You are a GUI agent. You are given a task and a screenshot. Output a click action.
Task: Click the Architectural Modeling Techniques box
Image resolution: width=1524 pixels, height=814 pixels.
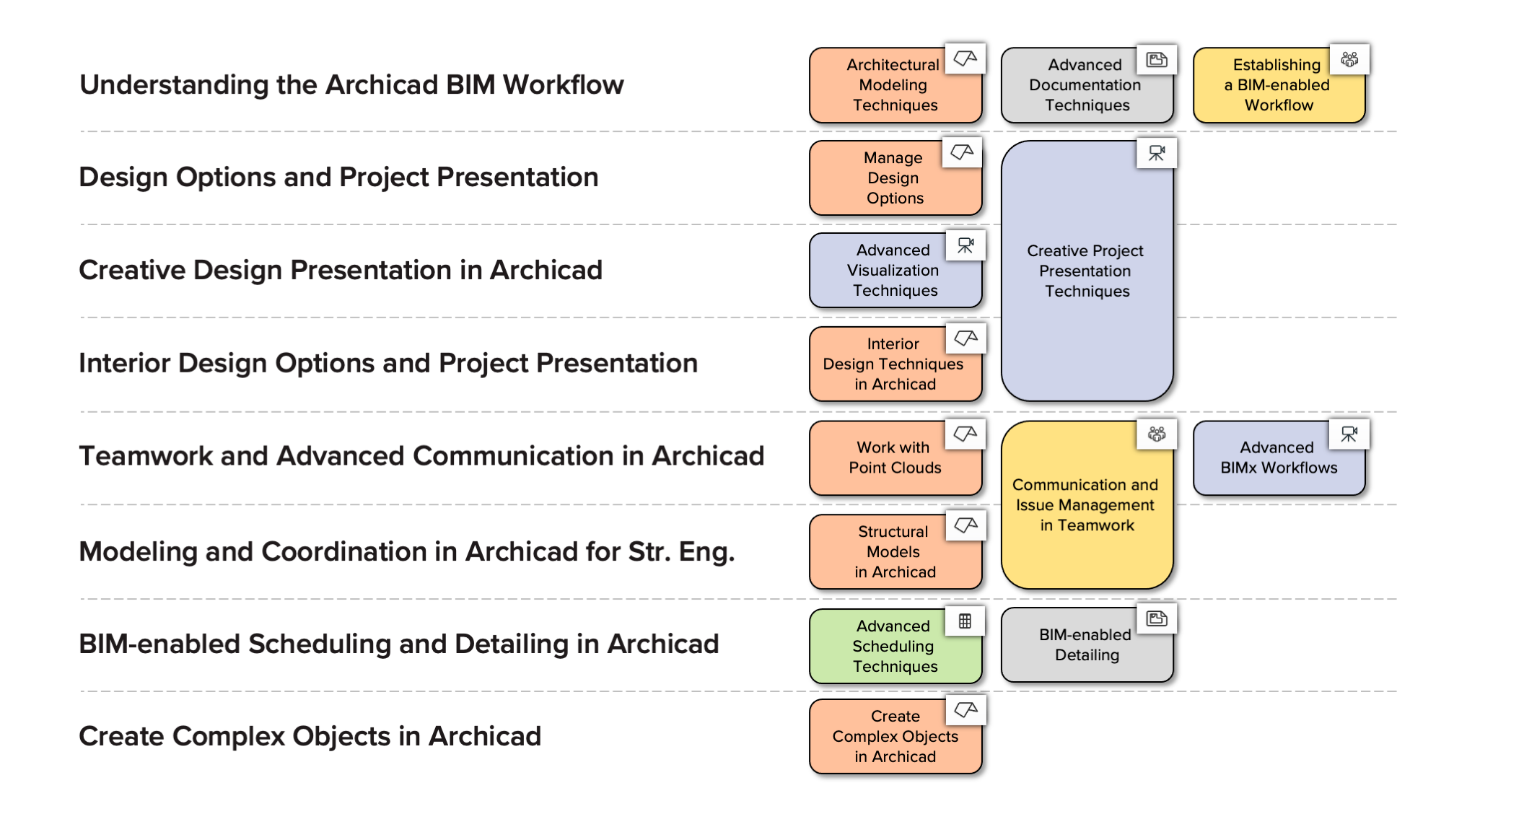pyautogui.click(x=895, y=85)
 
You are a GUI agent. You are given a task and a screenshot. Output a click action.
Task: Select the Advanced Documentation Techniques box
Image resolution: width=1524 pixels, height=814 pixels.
pyautogui.click(x=1087, y=85)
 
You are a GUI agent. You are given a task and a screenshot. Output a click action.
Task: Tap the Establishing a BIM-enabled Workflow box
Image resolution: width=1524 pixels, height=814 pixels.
pyautogui.click(x=1279, y=85)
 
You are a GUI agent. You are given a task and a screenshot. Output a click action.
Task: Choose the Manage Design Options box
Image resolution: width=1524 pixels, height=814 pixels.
pyautogui.click(x=895, y=178)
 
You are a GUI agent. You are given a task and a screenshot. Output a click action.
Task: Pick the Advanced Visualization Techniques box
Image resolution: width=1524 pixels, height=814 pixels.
pyautogui.click(x=895, y=271)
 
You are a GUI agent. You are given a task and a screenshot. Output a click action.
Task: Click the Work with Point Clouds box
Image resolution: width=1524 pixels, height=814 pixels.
pyautogui.click(x=895, y=458)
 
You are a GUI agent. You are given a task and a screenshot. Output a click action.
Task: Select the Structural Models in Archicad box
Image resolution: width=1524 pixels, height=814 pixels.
pyautogui.click(x=895, y=552)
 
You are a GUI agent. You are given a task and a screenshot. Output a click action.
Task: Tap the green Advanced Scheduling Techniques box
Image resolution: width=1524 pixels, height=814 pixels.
pyautogui.click(x=895, y=646)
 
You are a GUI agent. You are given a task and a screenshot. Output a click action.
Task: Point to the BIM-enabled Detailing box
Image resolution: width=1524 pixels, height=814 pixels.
pyautogui.click(x=1087, y=645)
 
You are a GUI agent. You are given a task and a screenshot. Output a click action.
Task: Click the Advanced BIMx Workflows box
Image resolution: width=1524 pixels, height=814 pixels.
pyautogui.click(x=1279, y=458)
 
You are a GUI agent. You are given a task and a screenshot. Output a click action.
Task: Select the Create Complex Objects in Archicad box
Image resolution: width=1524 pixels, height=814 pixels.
pyautogui.click(x=895, y=737)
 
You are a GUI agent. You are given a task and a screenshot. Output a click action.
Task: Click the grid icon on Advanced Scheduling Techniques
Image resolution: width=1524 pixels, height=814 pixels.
pyautogui.click(x=965, y=621)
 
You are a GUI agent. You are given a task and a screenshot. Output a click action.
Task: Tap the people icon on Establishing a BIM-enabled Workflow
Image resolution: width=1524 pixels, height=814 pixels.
pyautogui.click(x=1349, y=59)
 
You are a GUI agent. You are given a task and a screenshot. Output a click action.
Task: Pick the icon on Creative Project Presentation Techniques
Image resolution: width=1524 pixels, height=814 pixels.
pyautogui.click(x=1157, y=153)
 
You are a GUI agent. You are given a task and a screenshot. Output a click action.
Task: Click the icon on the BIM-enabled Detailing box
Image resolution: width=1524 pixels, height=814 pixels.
pyautogui.click(x=1157, y=618)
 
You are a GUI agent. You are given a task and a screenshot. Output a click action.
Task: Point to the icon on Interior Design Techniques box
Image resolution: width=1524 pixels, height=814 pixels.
pyautogui.click(x=965, y=338)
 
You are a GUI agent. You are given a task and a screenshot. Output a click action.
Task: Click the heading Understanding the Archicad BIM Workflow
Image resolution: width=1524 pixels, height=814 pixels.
pyautogui.click(x=351, y=85)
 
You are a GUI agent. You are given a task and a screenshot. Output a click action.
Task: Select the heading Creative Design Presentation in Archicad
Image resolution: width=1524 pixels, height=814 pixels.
pyautogui.click(x=341, y=271)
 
